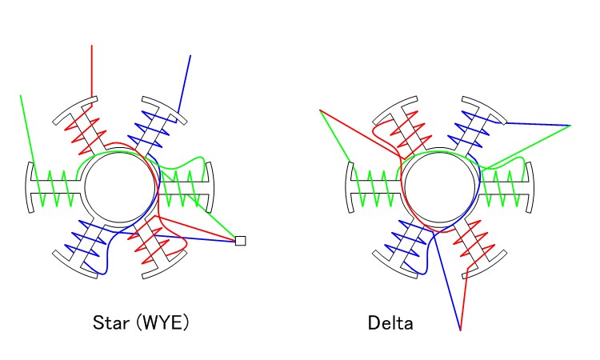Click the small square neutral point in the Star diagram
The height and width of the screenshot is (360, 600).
240,240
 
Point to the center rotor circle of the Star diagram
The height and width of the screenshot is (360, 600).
120,189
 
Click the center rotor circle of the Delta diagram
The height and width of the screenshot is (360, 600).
441,189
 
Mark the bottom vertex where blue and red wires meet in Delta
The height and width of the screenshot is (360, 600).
460,330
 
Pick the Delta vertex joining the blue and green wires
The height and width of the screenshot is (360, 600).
570,126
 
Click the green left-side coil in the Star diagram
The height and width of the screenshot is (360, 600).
55,189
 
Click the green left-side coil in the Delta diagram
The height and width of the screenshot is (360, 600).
376,189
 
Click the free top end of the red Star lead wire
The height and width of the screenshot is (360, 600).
92,46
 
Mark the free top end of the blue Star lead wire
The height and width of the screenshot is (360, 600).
191,55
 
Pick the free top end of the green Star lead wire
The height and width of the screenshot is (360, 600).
21,95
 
